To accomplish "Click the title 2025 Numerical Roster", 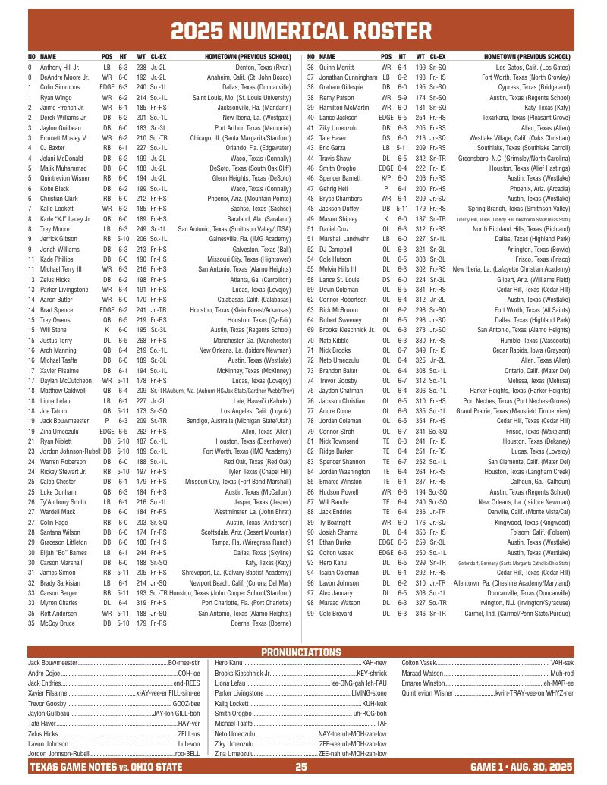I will (x=301, y=30).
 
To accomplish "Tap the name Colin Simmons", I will (x=60, y=88).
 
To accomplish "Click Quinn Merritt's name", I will (x=337, y=68).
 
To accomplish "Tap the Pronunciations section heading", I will (x=301, y=652).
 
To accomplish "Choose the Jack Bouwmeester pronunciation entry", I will (x=114, y=663).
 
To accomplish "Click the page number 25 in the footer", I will (x=301, y=768).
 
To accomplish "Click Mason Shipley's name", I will (x=338, y=218).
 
